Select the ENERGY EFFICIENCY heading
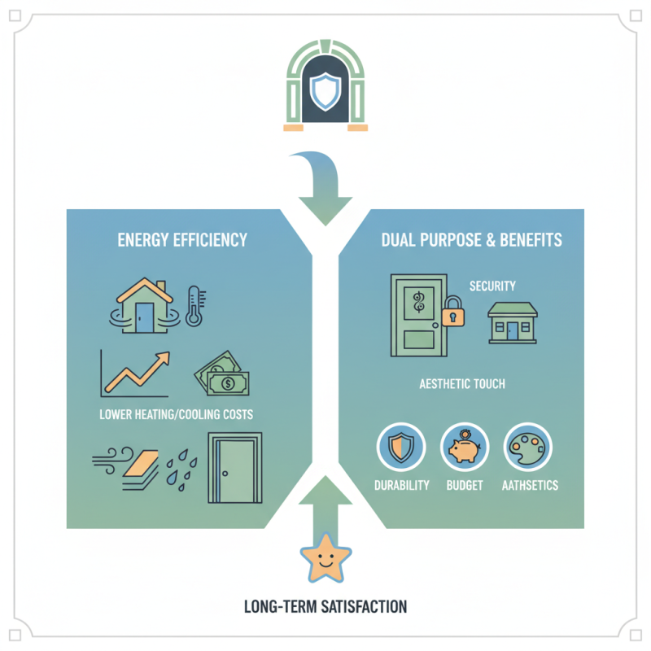pyautogui.click(x=182, y=240)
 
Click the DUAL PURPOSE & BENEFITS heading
pyautogui.click(x=471, y=240)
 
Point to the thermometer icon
pyautogui.click(x=194, y=305)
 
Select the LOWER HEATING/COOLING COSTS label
pyautogui.click(x=176, y=414)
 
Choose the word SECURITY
pyautogui.click(x=492, y=286)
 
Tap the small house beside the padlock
pyautogui.click(x=512, y=322)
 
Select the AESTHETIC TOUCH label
pyautogui.click(x=462, y=383)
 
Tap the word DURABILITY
pyautogui.click(x=402, y=485)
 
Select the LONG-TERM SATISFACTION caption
pyautogui.click(x=325, y=606)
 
